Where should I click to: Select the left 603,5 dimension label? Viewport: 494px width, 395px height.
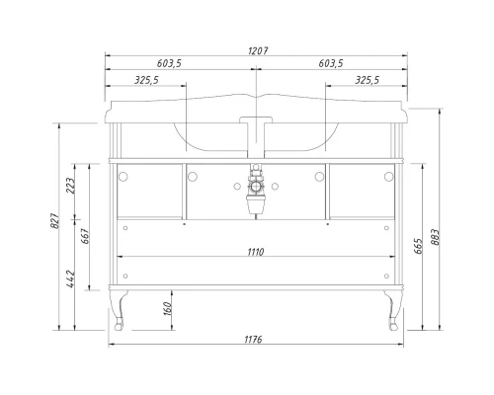pos(171,63)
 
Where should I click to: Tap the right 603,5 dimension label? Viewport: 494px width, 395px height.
pos(330,63)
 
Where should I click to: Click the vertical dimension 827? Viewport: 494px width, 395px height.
pos(55,226)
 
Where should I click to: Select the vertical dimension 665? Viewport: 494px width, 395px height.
pos(420,242)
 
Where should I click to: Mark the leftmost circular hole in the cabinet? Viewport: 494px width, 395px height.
pos(124,176)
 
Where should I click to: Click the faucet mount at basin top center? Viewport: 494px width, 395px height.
pos(256,123)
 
